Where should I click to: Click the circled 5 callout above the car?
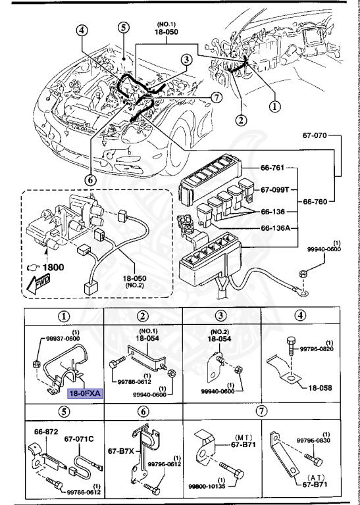123,27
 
